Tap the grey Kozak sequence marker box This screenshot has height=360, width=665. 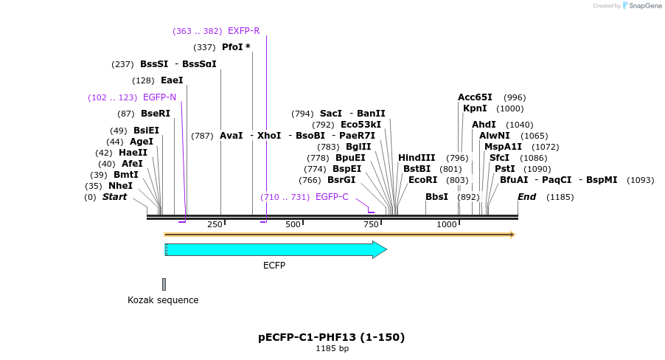click(x=164, y=284)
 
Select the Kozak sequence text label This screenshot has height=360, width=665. click(x=163, y=300)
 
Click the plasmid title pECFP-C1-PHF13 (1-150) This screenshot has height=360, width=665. click(x=332, y=337)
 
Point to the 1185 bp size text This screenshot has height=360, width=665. click(x=332, y=348)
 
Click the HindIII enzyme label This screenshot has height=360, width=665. click(x=417, y=158)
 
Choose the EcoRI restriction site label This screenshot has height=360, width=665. click(x=422, y=180)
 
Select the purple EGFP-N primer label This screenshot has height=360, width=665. click(x=159, y=97)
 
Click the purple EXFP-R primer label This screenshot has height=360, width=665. click(x=243, y=31)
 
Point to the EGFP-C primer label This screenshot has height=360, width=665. click(x=332, y=197)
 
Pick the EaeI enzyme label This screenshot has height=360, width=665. click(x=172, y=80)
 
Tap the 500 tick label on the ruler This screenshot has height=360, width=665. click(x=293, y=224)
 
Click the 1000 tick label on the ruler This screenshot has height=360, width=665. click(x=448, y=224)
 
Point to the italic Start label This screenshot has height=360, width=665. click(x=114, y=197)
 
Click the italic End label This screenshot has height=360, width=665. click(x=526, y=197)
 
